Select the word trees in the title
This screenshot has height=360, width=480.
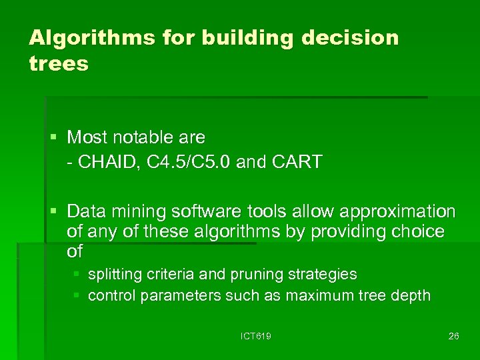point(59,64)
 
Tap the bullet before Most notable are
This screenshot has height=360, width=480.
point(54,138)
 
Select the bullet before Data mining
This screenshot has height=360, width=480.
point(54,212)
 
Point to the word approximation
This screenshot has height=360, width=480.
point(398,212)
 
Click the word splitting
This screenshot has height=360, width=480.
point(113,275)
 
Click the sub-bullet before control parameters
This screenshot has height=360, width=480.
point(77,295)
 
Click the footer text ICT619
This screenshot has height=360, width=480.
point(256,336)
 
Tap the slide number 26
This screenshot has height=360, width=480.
point(453,336)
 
